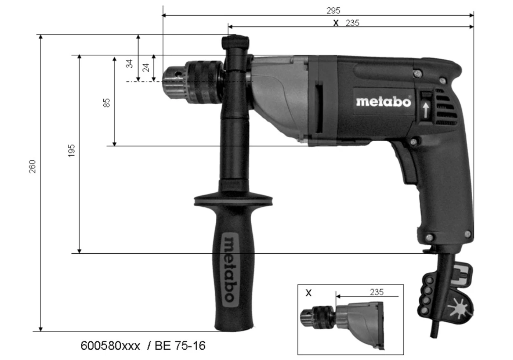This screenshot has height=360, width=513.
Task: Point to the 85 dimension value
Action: [x=107, y=103]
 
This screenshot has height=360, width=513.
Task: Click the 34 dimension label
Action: [x=130, y=63]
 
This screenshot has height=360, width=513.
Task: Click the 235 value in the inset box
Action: [x=376, y=292]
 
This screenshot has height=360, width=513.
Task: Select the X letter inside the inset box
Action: [x=308, y=293]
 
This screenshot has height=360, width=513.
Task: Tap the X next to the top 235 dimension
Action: [x=336, y=23]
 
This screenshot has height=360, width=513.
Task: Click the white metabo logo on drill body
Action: [x=383, y=101]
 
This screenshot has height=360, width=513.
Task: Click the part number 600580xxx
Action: [x=111, y=346]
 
